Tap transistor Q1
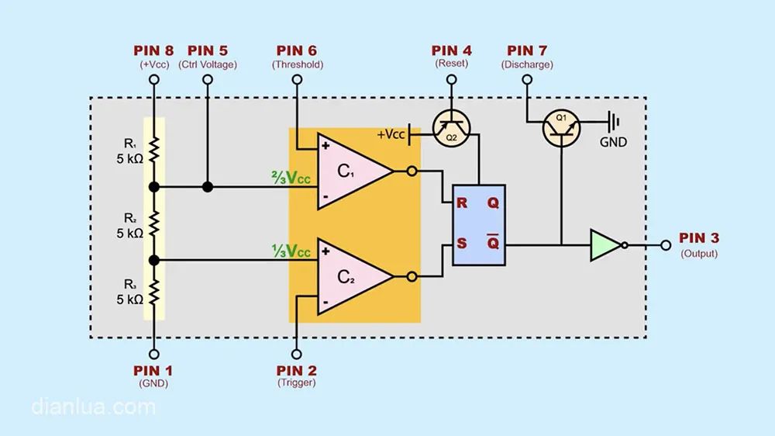pos(560,126)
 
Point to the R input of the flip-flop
pos(461,203)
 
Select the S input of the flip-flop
pos(461,244)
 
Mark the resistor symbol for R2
pos(153,223)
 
